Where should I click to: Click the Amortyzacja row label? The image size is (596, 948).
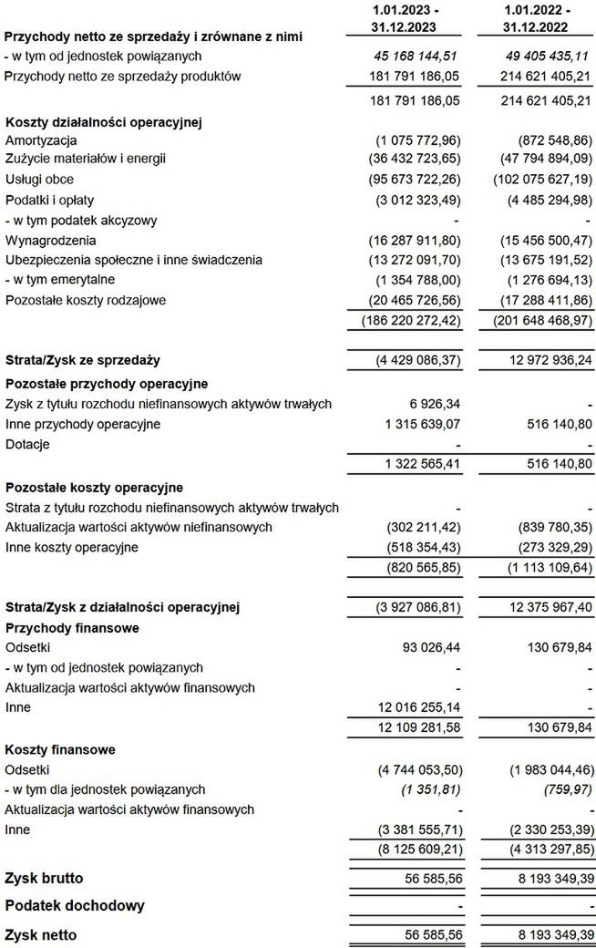tap(40, 139)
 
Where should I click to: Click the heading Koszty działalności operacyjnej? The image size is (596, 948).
tap(103, 120)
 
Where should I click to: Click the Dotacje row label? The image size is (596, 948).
tap(27, 444)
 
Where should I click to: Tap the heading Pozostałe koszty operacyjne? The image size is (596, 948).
tap(95, 488)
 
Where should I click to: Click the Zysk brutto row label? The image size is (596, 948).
tap(44, 879)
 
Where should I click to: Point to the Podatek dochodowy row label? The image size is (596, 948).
tap(74, 906)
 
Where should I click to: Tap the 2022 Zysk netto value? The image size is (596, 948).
tap(542, 934)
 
